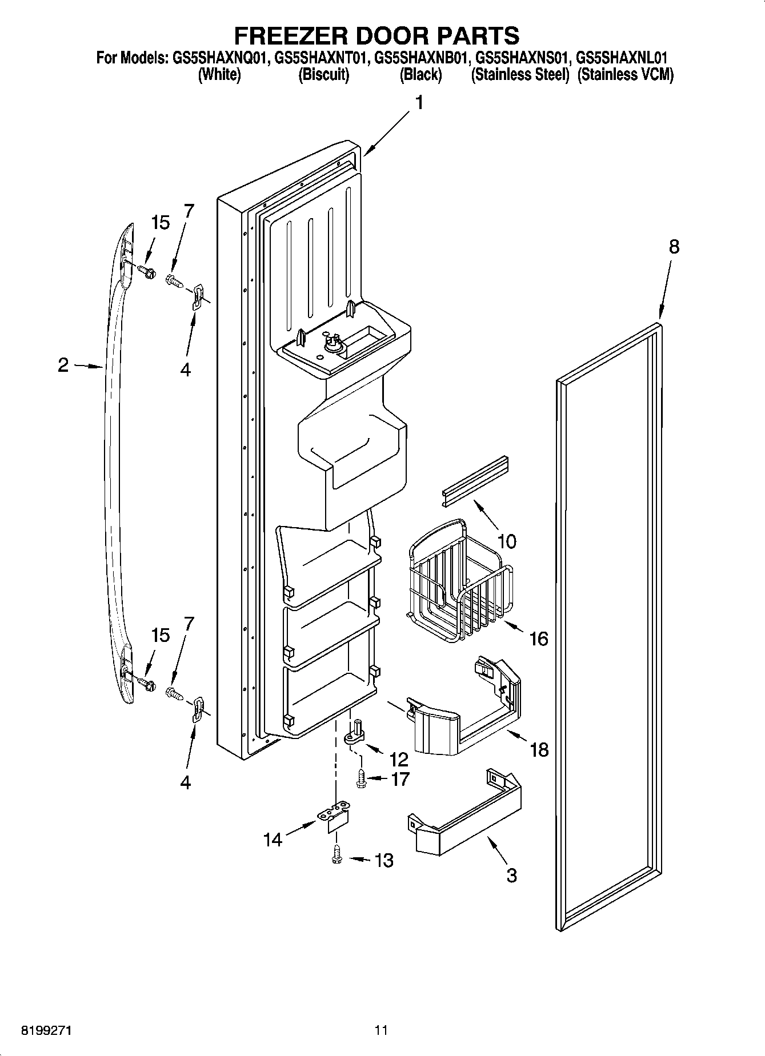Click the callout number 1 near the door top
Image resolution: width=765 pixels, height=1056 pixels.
tap(420, 103)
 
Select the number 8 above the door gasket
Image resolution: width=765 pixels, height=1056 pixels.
tap(674, 247)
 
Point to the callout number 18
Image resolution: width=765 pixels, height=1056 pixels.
tap(538, 749)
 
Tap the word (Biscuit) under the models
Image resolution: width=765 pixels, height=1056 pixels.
tap(323, 75)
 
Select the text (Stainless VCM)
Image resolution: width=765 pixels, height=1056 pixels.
tap(625, 75)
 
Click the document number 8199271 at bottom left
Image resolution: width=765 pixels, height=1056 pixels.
tap(47, 1030)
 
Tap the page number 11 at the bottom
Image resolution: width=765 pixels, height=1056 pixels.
tap(382, 1030)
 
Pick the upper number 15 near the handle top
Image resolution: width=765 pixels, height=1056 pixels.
tap(161, 223)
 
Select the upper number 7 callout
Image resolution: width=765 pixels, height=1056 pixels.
tap(189, 211)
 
